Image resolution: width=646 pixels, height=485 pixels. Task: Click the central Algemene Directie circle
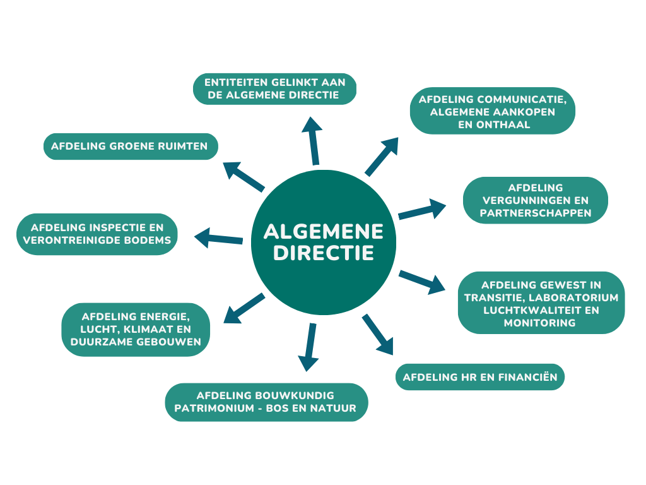[x=324, y=242]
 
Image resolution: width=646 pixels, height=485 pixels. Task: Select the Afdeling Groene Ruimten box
[x=131, y=147]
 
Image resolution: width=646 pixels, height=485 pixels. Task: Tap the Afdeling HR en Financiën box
[x=480, y=377]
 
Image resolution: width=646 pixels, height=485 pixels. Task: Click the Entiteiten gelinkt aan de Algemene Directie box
[x=275, y=88]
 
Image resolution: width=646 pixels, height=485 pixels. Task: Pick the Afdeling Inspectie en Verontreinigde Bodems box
[x=97, y=234]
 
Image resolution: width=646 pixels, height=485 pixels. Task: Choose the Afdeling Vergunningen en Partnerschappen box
[x=536, y=200]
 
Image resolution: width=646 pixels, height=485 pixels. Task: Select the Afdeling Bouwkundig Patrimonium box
[x=266, y=402]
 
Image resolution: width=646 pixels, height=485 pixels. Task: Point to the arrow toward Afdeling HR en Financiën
[x=378, y=335]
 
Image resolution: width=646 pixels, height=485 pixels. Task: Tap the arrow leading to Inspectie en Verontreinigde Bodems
[x=218, y=238]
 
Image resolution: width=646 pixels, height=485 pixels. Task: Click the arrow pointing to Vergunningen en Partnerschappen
[x=422, y=209]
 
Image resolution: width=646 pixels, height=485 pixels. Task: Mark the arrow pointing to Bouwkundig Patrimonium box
[x=308, y=347]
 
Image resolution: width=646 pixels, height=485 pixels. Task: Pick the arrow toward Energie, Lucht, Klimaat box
[x=244, y=308]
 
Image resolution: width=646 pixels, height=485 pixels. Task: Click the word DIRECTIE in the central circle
[x=324, y=253]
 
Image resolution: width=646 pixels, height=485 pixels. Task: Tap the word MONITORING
[x=540, y=323]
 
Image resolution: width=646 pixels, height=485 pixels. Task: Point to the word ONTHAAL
[x=494, y=124]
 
